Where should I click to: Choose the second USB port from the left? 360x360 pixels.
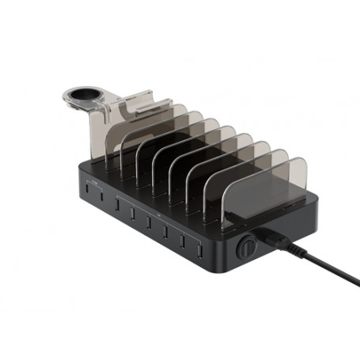[99, 198]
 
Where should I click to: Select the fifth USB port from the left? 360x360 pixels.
[149, 221]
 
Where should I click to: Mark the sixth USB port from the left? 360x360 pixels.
[165, 229]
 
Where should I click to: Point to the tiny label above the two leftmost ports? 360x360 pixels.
[94, 183]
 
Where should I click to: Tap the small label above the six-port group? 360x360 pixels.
[158, 213]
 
